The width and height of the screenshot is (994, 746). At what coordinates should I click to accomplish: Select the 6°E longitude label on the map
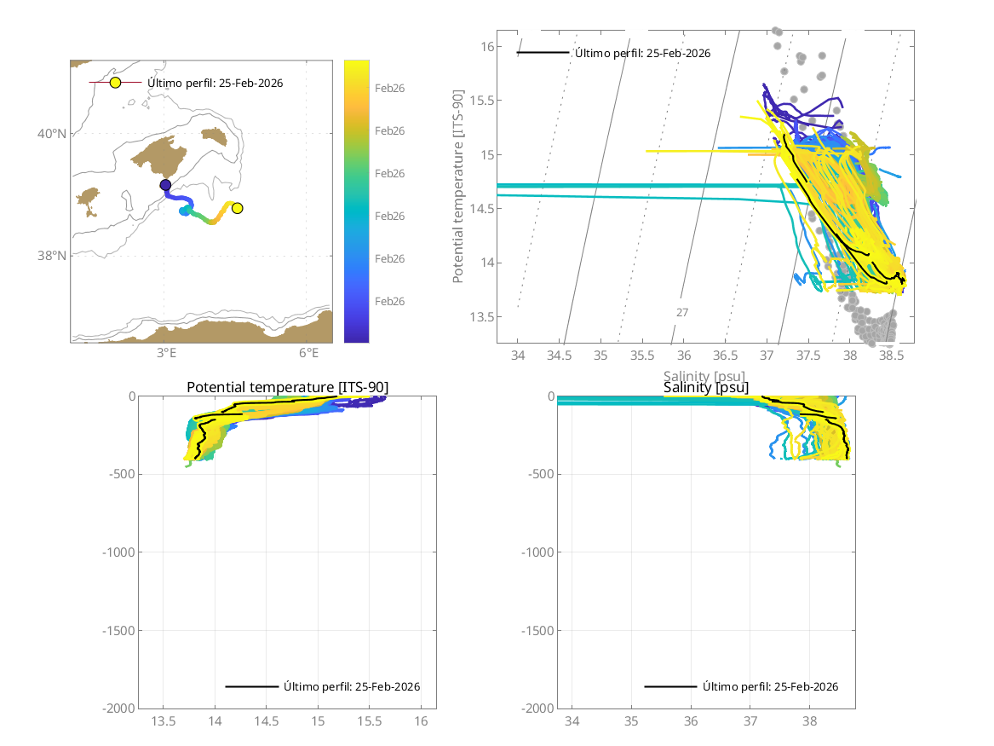[309, 353]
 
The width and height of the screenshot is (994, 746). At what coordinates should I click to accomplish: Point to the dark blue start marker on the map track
[165, 185]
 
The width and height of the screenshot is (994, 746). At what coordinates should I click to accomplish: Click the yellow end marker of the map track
[238, 208]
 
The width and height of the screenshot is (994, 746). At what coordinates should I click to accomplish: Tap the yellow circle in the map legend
[115, 83]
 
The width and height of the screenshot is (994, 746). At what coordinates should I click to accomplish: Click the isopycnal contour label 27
[682, 313]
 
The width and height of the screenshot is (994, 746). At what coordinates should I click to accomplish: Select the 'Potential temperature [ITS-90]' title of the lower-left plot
[287, 388]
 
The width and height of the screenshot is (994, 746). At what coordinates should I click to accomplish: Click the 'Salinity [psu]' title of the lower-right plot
[706, 388]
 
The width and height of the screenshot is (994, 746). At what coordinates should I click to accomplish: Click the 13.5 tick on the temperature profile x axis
[164, 720]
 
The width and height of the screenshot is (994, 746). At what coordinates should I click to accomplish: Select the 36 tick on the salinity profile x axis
[691, 720]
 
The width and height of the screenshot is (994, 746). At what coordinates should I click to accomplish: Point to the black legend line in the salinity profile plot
[670, 686]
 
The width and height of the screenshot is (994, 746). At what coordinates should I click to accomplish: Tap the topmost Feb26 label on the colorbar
[390, 88]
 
